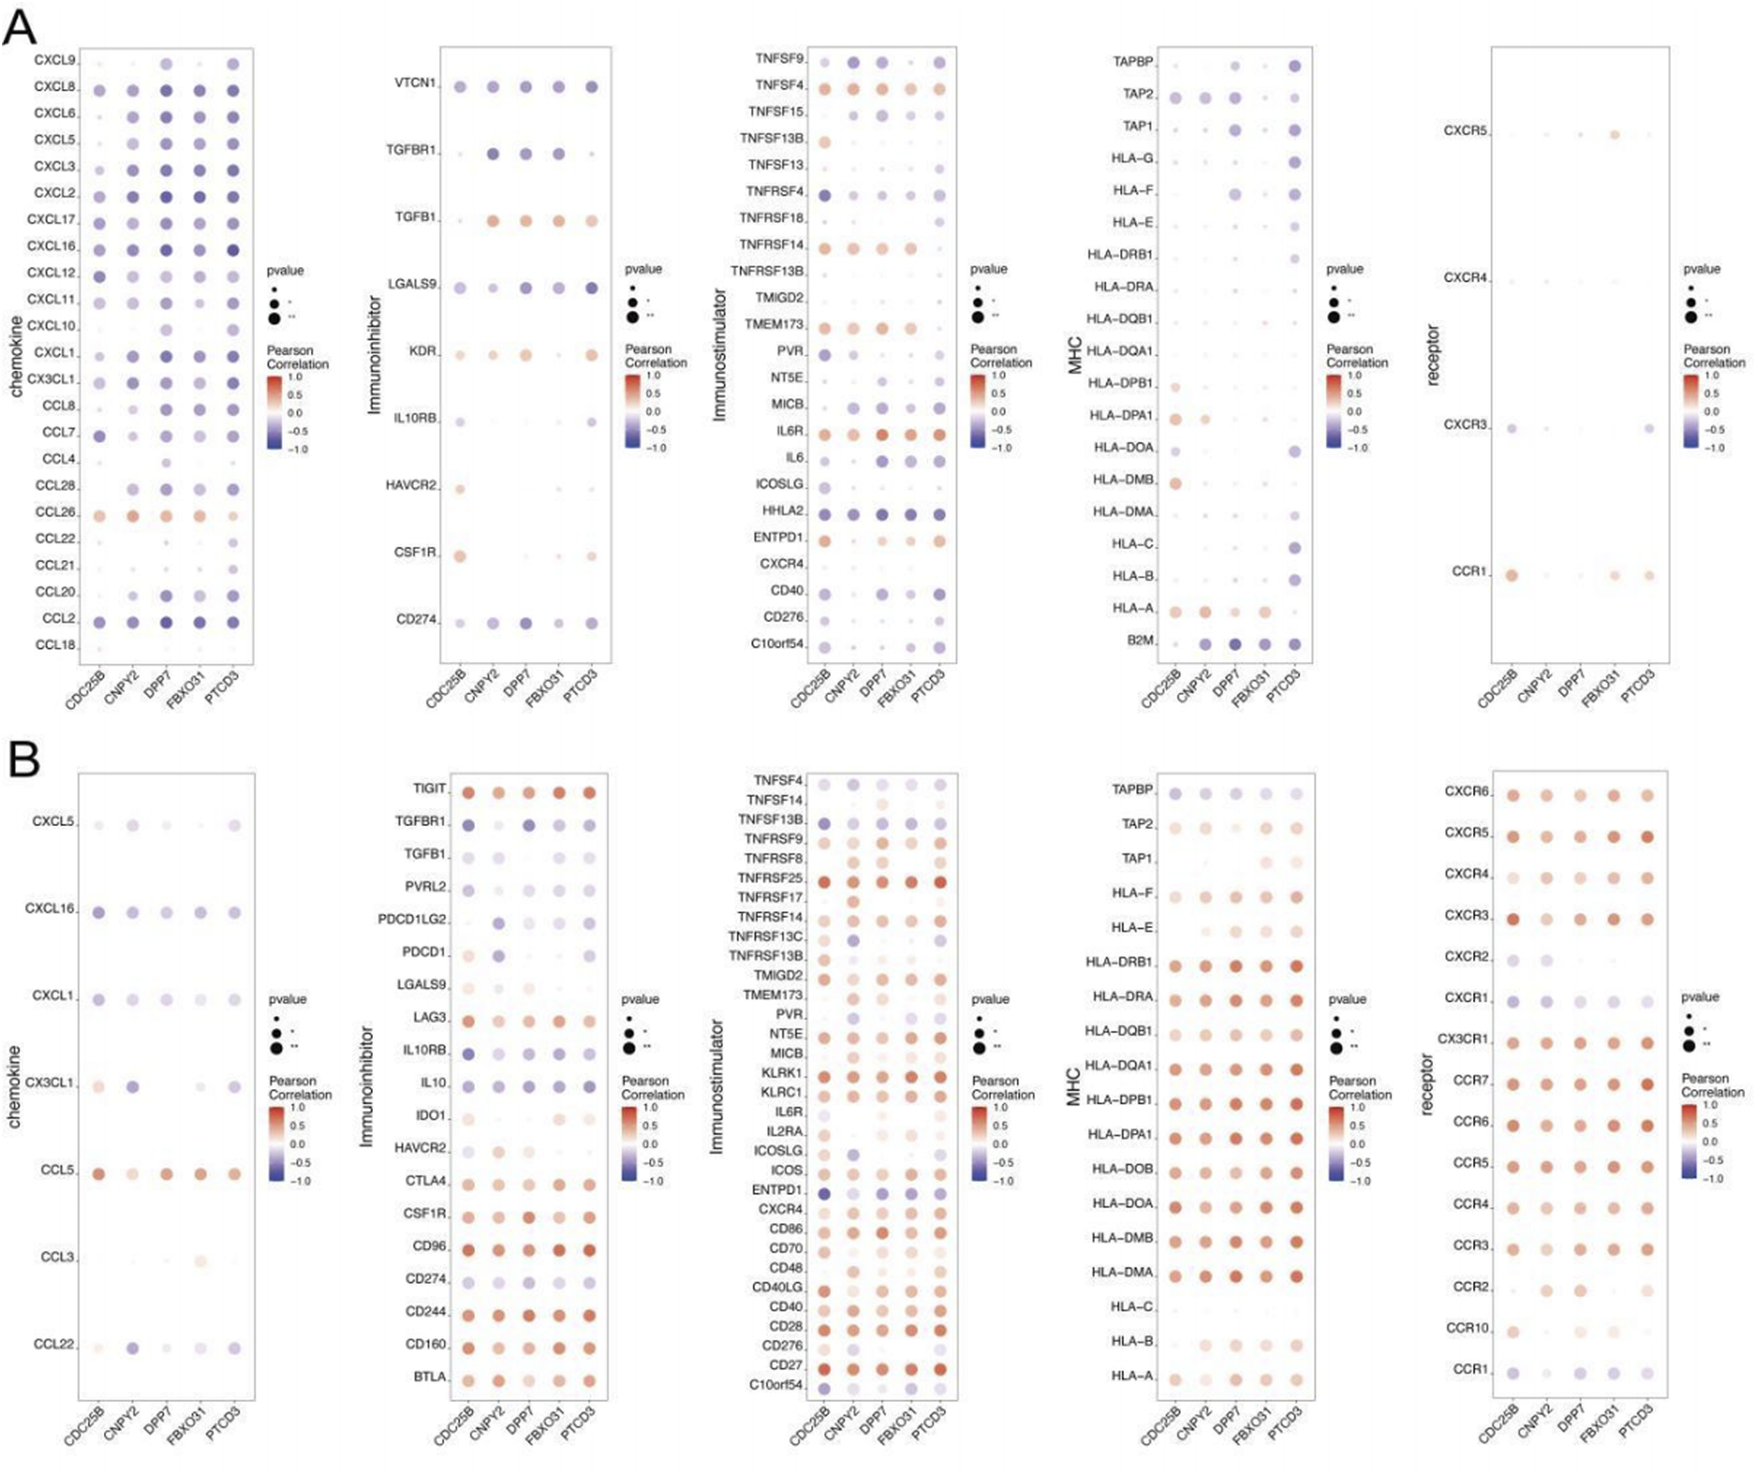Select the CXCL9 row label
55,60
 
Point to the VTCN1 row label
415,83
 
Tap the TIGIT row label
429,789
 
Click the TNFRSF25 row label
769,878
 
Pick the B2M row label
1140,640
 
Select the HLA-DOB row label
1122,1170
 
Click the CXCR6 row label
1466,792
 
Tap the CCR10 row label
1466,1328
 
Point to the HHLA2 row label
782,511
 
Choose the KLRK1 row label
781,1074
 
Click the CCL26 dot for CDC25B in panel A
99,515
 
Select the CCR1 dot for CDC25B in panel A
1511,575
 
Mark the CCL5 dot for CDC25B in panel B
98,1174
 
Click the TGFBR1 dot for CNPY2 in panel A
493,154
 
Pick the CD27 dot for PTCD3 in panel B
940,1369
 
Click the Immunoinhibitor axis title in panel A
374,354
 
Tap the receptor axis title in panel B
1427,1084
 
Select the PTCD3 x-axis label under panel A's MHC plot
1283,685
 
